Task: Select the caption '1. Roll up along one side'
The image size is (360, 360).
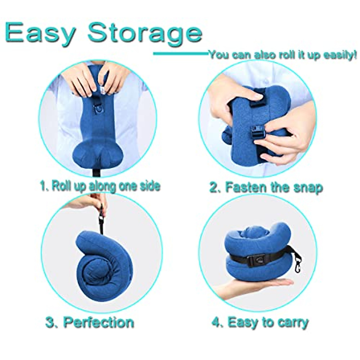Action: pyautogui.click(x=100, y=186)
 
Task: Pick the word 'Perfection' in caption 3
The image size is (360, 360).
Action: pyautogui.click(x=99, y=322)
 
